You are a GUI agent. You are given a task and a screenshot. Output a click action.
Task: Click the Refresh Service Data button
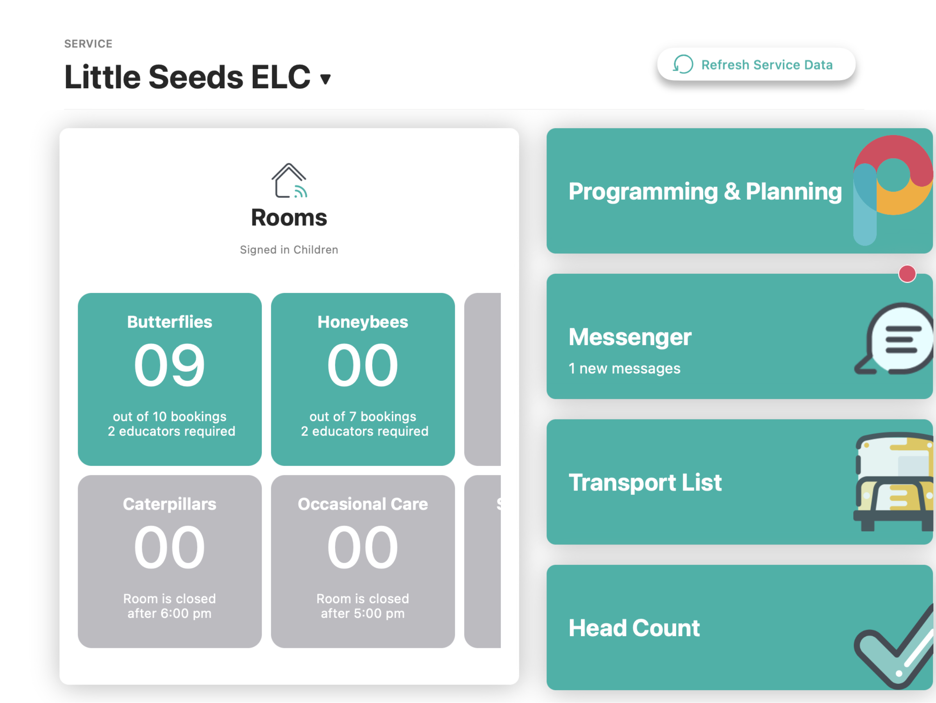[x=756, y=64]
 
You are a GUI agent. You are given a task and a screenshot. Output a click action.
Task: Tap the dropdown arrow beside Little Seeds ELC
[x=325, y=79]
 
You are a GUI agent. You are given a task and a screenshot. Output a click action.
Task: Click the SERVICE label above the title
[x=88, y=44]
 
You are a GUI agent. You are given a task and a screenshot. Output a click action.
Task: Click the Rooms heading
[x=289, y=218]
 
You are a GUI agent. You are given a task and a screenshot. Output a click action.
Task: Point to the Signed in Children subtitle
[x=289, y=250]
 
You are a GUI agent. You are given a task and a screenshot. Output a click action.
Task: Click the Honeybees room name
[x=363, y=322]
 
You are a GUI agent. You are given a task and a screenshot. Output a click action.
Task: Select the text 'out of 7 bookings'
[x=363, y=416]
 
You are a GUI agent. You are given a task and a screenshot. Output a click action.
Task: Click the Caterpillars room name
[x=169, y=504]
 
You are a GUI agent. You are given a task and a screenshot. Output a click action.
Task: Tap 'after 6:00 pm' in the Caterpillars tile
[x=169, y=613]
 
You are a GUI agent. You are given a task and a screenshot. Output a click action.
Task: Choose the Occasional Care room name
[x=363, y=504]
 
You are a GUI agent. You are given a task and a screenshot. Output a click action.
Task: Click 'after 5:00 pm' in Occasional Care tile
[x=363, y=613]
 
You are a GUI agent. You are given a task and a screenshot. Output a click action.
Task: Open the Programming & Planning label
[x=706, y=192]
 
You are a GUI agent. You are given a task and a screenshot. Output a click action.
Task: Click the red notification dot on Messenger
[x=907, y=274]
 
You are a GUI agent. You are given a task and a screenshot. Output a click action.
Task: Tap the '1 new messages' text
[x=625, y=368]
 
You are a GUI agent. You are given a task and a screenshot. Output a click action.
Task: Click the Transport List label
[x=645, y=483]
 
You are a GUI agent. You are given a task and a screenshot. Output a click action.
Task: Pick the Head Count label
[x=634, y=628]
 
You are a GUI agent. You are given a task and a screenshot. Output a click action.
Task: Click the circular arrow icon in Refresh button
[x=683, y=64]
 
